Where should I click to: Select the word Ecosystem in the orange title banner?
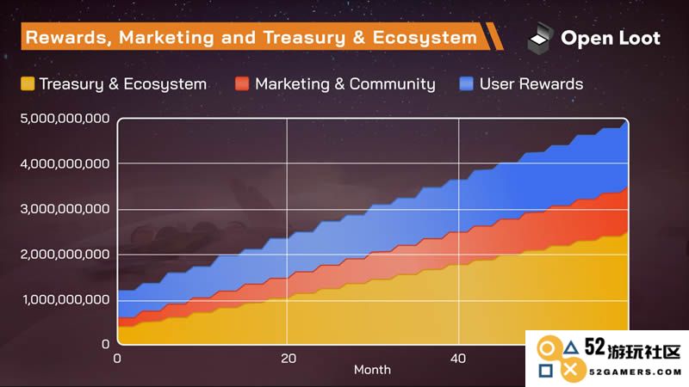point(425,38)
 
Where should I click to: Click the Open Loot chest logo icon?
point(540,38)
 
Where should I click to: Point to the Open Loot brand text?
point(611,38)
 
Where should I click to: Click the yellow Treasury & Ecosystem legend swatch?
point(28,83)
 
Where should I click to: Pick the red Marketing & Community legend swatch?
point(242,83)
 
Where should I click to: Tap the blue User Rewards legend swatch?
point(466,83)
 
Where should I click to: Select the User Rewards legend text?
point(531,83)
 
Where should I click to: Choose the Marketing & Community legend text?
point(345,84)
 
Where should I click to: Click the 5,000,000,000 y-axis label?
point(65,119)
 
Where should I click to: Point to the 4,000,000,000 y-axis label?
point(65,163)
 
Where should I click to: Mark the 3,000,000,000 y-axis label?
point(65,209)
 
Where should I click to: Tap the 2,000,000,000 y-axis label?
point(65,254)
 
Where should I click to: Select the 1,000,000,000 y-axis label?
point(66,299)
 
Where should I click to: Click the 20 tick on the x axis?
point(289,359)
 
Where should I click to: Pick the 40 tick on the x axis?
point(458,359)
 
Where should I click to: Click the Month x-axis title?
point(372,370)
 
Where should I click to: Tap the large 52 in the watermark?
point(595,347)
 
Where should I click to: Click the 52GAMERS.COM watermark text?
point(636,372)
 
